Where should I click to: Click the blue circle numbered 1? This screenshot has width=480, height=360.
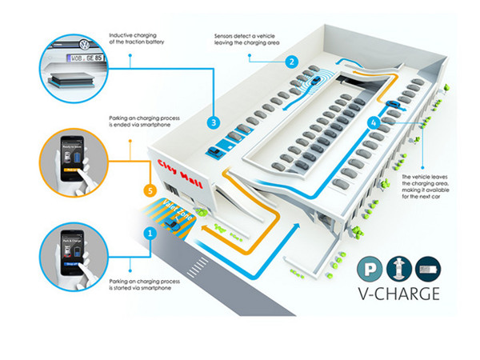point(148,234)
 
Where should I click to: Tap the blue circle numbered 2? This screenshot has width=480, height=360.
point(293,62)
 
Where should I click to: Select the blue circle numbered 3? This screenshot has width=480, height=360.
point(213,122)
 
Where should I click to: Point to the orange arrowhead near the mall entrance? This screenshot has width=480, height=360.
point(206,226)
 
